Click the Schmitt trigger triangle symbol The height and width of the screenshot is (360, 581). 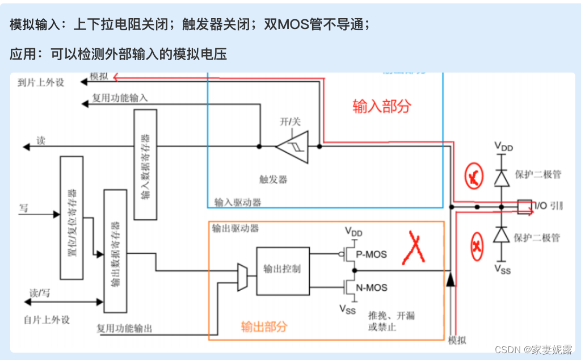click(x=292, y=146)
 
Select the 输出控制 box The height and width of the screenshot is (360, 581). click(x=283, y=270)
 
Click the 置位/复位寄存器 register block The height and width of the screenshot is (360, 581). click(x=71, y=217)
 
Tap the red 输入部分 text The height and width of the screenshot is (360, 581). click(x=381, y=106)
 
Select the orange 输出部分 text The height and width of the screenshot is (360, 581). click(x=264, y=326)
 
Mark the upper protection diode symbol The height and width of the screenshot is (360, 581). click(x=502, y=178)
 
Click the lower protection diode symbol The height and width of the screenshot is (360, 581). click(x=502, y=234)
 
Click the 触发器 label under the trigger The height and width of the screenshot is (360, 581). click(x=273, y=179)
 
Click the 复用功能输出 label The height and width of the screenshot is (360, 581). click(x=124, y=328)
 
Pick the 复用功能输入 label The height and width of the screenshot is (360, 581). click(x=120, y=98)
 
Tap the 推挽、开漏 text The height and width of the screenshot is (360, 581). click(x=391, y=315)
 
